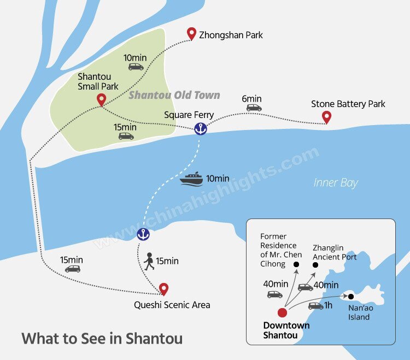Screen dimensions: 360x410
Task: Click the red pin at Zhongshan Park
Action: [x=191, y=33]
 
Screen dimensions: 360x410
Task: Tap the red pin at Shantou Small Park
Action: [x=101, y=99]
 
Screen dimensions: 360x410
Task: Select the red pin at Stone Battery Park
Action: [x=327, y=116]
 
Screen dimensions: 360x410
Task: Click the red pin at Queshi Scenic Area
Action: [x=163, y=288]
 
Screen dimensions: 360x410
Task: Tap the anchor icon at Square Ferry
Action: [x=201, y=129]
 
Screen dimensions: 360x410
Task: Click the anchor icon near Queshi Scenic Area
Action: [x=143, y=234]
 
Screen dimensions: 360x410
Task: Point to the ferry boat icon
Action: [x=191, y=179]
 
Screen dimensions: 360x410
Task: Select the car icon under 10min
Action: [x=136, y=67]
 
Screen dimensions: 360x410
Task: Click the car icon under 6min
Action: [x=254, y=108]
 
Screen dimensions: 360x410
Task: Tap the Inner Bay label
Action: [x=336, y=182]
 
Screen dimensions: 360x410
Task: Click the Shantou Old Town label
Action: [x=174, y=96]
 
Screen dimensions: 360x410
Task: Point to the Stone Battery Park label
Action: [x=348, y=104]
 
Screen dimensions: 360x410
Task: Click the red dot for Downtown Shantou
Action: [x=282, y=313]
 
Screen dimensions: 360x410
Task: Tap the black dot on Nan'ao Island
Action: [x=351, y=297]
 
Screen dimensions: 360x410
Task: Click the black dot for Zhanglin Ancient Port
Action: [x=315, y=265]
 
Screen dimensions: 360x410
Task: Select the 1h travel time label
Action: [x=328, y=305]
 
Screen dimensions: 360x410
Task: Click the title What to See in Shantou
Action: [x=102, y=338]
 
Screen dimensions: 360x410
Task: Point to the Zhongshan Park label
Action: [x=231, y=35]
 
